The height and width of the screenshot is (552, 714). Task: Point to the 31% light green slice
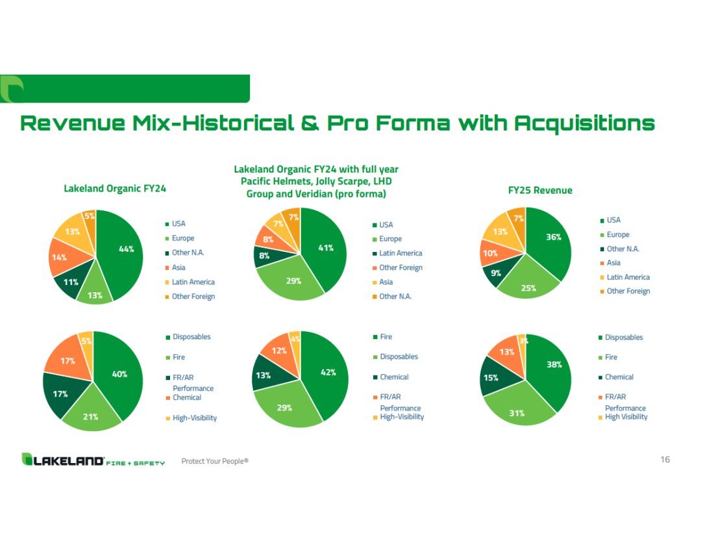(x=518, y=408)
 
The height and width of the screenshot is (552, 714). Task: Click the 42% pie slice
(x=327, y=373)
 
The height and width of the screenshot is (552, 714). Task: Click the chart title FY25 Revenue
(x=540, y=190)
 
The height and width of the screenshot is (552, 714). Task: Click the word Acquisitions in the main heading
(x=585, y=123)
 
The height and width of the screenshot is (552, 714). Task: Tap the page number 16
(x=665, y=460)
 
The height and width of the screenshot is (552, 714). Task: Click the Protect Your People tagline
(x=215, y=461)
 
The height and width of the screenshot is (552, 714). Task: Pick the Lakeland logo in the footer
(x=93, y=460)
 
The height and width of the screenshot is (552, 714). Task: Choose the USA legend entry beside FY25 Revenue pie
(x=610, y=220)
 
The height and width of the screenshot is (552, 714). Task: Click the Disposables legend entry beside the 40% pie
(x=188, y=337)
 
